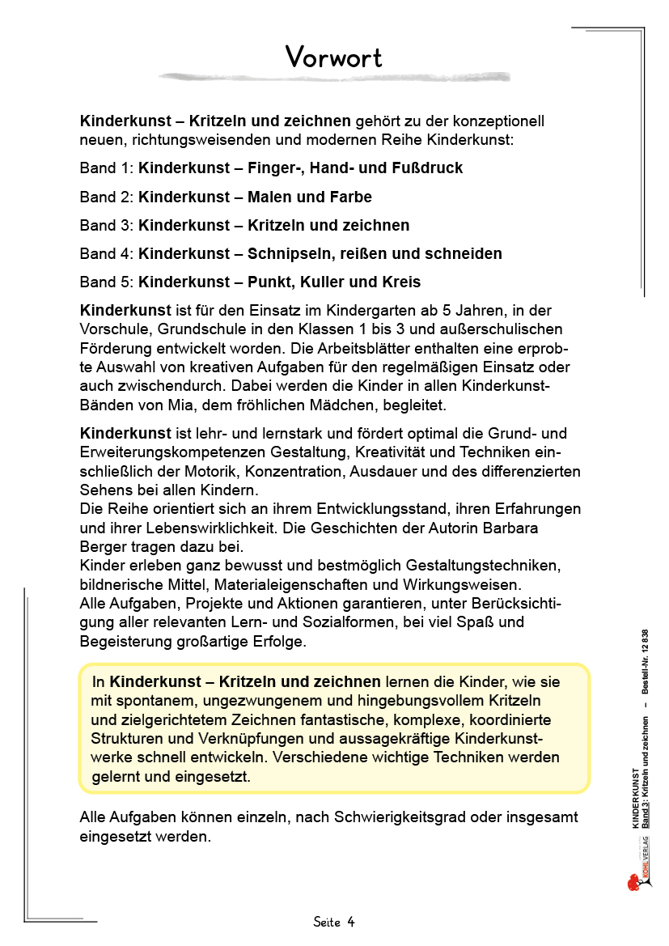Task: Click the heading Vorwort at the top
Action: pyautogui.click(x=333, y=57)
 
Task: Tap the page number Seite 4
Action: pyautogui.click(x=334, y=922)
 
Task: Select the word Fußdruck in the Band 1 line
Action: pyautogui.click(x=425, y=168)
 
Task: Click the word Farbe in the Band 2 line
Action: pyautogui.click(x=351, y=197)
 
